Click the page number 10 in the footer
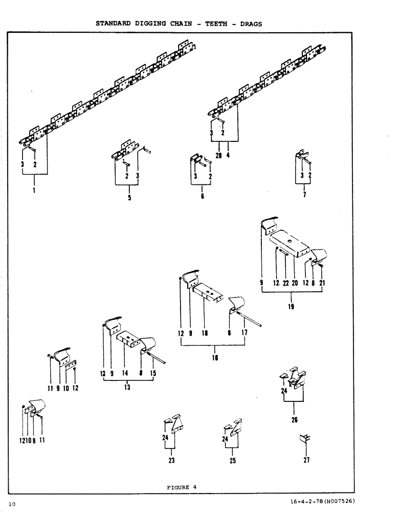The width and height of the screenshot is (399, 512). [x=12, y=504]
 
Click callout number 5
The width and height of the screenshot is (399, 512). [x=129, y=198]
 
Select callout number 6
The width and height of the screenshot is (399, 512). [x=202, y=196]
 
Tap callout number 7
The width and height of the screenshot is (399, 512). [x=305, y=195]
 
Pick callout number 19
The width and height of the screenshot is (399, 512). [x=291, y=307]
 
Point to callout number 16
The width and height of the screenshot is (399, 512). [x=215, y=357]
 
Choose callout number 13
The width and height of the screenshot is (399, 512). [x=127, y=387]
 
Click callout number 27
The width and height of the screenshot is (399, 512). [x=306, y=460]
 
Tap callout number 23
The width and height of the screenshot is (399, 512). [x=171, y=460]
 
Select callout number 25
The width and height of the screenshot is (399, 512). [x=233, y=460]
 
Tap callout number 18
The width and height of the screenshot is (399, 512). [x=204, y=333]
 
